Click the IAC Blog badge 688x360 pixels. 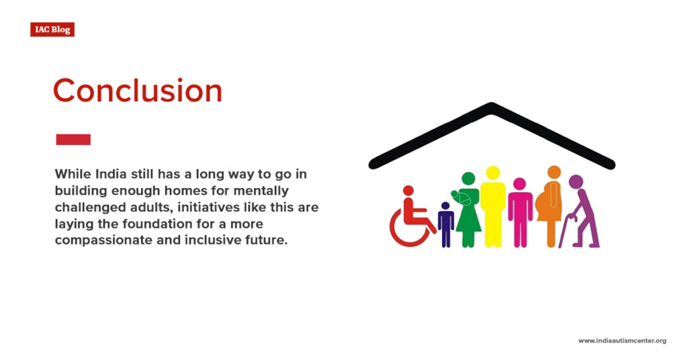coord(52,30)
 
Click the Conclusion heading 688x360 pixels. coord(137,91)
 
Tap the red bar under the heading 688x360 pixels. coord(73,140)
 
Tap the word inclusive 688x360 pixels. coord(214,240)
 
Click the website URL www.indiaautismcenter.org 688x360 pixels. coord(622,341)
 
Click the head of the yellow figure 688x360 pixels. coord(492,173)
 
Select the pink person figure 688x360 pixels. coord(519,212)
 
